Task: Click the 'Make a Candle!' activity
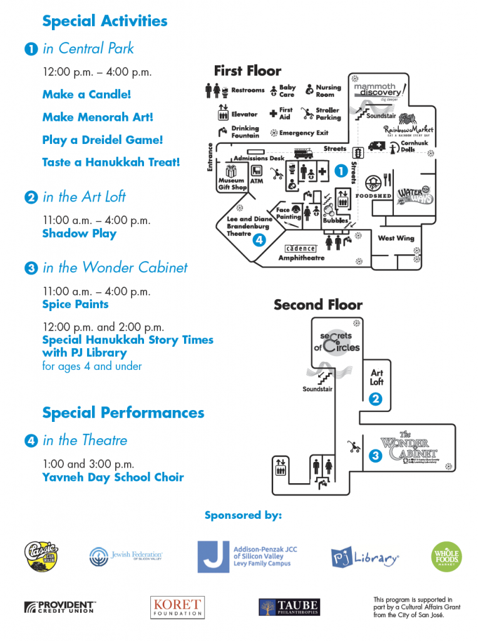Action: (x=86, y=95)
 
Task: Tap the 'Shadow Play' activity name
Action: (x=79, y=233)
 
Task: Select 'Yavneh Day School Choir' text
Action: (x=113, y=477)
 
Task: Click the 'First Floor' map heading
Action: (x=247, y=71)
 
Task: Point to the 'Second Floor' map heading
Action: (x=317, y=305)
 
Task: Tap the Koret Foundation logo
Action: (x=177, y=607)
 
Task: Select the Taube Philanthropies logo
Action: (x=289, y=607)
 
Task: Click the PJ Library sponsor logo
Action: (x=365, y=557)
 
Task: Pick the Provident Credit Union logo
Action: (x=59, y=607)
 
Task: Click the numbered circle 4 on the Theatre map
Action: (x=260, y=239)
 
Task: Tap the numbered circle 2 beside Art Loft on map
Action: (x=376, y=399)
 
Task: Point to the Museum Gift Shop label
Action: (x=232, y=183)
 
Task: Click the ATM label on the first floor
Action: (x=257, y=182)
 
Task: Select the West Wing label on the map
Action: (x=396, y=238)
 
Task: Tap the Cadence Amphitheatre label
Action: (x=301, y=253)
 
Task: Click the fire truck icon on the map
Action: (x=302, y=153)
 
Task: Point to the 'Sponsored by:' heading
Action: (x=243, y=515)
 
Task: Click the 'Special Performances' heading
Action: (x=123, y=413)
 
